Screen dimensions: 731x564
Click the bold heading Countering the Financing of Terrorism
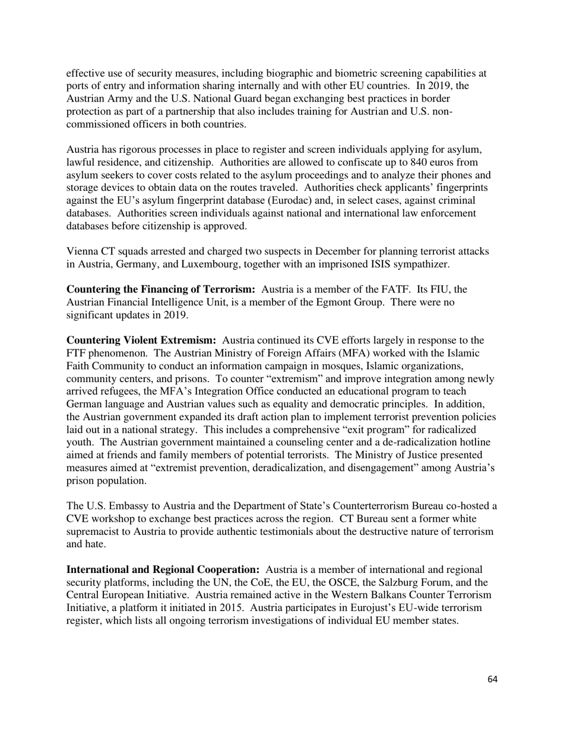160,289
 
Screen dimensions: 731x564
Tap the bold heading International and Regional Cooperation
163,570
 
